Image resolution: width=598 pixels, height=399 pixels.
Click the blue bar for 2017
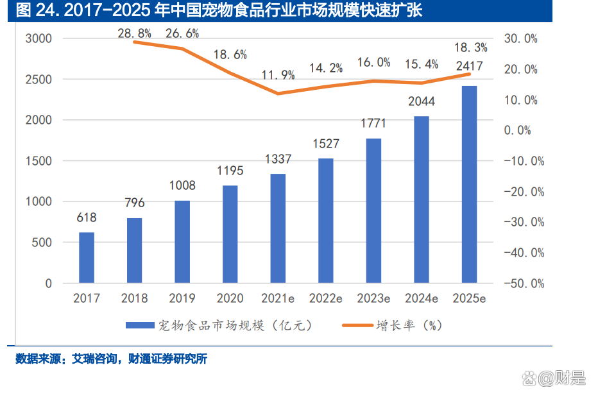pos(87,257)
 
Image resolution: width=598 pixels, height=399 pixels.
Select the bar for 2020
pos(230,234)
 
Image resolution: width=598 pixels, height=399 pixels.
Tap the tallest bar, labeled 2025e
pos(470,184)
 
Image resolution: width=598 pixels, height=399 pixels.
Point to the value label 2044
pos(421,101)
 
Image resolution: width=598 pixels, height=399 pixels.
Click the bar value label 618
pos(87,218)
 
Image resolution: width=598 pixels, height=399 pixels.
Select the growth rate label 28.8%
pos(134,31)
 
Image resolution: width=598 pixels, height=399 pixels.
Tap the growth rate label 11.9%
pos(278,75)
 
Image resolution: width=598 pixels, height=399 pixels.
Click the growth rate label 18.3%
pos(471,47)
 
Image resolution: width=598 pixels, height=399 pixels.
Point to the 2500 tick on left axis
pos(39,80)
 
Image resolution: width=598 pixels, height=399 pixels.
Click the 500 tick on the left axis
pos(42,242)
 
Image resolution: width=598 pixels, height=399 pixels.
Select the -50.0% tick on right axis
pos(524,283)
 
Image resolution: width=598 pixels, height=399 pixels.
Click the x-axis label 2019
pos(182,298)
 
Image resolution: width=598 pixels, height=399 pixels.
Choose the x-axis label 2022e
pos(326,298)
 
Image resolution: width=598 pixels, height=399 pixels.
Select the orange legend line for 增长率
pos(351,325)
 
